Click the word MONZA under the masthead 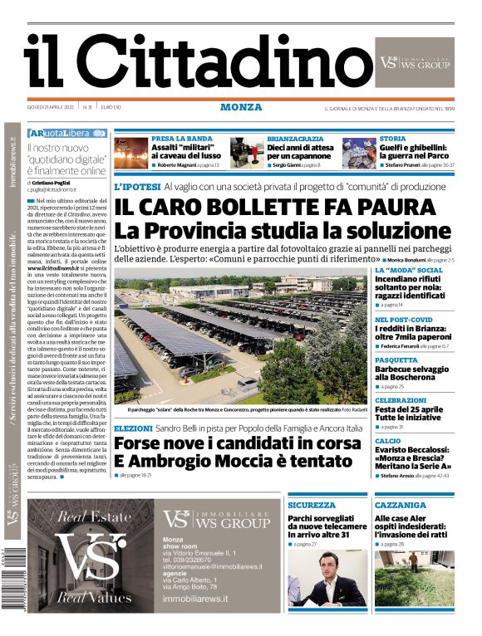[x=241, y=107]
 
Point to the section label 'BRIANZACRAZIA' [x=295, y=139]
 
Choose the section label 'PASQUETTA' [x=396, y=360]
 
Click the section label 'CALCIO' [x=387, y=441]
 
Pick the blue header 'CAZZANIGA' [x=400, y=505]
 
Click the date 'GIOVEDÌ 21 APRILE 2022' [x=50, y=107]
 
